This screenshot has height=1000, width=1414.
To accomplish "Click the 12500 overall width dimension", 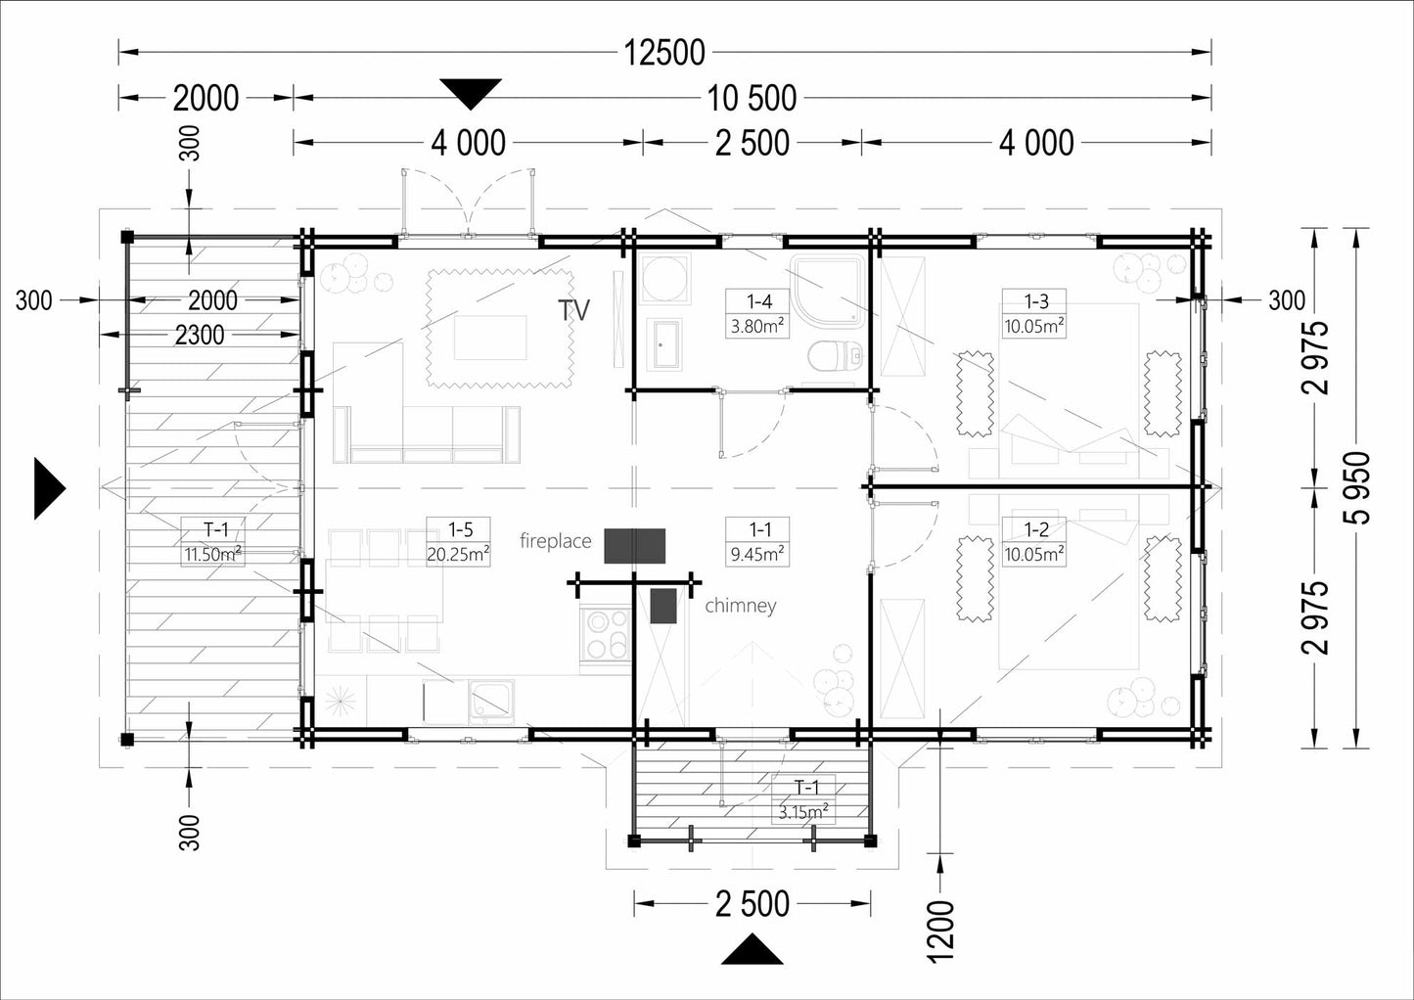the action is (x=664, y=53).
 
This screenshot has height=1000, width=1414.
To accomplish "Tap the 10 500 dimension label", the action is (x=752, y=99).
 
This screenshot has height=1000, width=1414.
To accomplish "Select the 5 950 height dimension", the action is (x=1357, y=488).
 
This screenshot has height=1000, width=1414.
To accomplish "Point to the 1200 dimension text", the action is (x=940, y=932).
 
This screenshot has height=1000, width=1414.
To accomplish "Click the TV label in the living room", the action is (x=573, y=310).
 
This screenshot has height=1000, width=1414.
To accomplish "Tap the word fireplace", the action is (x=556, y=541).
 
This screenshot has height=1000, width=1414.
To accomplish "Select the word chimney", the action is (x=741, y=606).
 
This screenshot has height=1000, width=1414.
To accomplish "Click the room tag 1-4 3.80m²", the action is (x=757, y=314).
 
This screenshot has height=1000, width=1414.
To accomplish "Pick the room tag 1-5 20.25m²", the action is (x=458, y=542).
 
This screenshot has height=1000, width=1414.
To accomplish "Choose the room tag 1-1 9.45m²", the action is (x=757, y=542).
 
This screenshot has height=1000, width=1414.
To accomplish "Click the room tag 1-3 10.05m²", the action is (x=1034, y=314).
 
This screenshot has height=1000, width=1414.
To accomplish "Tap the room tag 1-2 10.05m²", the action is (x=1034, y=542).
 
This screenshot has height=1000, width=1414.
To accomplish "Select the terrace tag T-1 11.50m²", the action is (x=212, y=542).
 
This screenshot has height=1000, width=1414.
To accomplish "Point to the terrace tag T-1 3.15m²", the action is (x=803, y=799).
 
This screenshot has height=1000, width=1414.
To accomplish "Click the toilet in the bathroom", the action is (x=835, y=358).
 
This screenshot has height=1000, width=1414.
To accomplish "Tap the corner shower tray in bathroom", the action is (x=827, y=291).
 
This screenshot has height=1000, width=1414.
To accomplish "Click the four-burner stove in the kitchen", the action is (x=606, y=636).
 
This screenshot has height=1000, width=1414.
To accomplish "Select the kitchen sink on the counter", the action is (x=491, y=702).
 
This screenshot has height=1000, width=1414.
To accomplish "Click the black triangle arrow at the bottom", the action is (x=752, y=949).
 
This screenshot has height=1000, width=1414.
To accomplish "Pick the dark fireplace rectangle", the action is (x=634, y=546).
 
